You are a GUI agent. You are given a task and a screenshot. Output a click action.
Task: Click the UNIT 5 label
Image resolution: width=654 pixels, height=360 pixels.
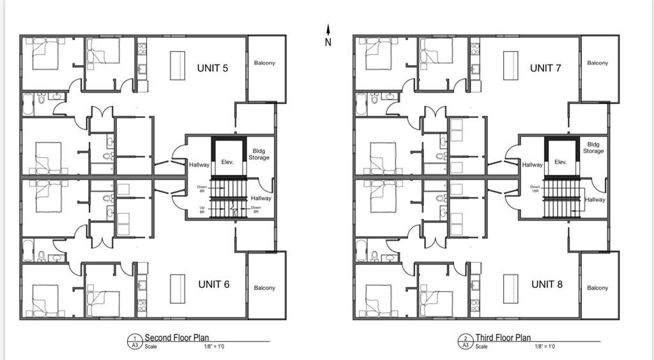(213, 68)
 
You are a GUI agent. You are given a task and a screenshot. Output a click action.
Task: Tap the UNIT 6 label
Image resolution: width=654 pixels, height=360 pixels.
(213, 284)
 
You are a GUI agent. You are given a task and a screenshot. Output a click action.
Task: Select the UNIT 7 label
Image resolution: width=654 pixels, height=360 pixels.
(545, 68)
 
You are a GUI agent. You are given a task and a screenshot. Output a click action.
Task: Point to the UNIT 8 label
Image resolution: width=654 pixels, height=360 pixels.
(547, 284)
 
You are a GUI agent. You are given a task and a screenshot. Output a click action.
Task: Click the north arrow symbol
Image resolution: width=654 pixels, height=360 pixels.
(328, 35)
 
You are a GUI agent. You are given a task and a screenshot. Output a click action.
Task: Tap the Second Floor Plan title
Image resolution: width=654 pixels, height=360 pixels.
(177, 338)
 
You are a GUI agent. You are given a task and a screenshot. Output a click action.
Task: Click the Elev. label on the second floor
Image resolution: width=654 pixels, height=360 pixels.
(227, 162)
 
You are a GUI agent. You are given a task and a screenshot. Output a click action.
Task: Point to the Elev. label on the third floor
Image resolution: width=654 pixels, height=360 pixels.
(561, 162)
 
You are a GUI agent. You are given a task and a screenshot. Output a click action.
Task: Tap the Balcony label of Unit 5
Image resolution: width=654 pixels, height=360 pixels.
(264, 63)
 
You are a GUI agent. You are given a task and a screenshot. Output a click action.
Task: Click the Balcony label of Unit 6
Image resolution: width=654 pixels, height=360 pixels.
(264, 288)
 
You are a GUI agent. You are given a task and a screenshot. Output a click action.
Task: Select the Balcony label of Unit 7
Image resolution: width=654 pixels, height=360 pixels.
(598, 63)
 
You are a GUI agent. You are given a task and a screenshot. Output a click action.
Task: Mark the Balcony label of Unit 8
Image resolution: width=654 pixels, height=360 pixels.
(598, 288)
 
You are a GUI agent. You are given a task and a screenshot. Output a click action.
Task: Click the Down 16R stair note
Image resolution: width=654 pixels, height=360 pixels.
(535, 190)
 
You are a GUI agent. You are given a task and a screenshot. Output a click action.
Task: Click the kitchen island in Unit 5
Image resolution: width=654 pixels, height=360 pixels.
(178, 65)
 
